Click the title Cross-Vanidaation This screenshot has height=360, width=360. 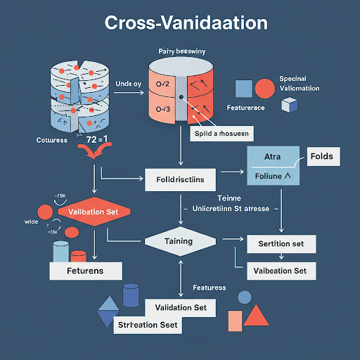[186, 22]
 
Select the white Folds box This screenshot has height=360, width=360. [320, 155]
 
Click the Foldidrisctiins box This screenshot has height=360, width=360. [180, 179]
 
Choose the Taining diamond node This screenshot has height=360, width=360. [179, 241]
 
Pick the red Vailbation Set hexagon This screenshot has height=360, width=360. [93, 211]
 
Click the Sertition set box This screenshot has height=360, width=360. [281, 243]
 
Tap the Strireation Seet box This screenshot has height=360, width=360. [148, 325]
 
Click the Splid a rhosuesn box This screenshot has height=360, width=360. [224, 131]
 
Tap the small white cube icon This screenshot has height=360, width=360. [288, 105]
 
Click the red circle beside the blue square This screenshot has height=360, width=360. [264, 89]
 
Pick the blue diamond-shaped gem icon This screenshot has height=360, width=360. [108, 311]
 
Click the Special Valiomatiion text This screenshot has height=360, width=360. [299, 84]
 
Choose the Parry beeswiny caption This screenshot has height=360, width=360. [181, 51]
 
